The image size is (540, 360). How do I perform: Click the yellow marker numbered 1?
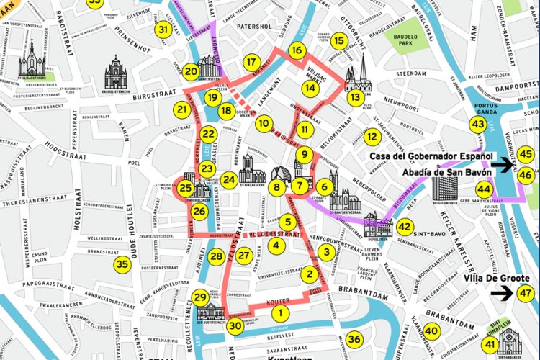coord(280,313)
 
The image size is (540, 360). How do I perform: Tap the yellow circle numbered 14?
coord(310,88)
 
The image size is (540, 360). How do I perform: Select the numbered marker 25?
coord(186,189)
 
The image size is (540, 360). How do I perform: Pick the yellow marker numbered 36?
coord(354,339)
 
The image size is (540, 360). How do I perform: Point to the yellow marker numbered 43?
coord(477,125)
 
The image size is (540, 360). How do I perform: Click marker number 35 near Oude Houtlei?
coord(122,264)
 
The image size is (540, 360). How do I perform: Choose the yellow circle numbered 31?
coord(164,30)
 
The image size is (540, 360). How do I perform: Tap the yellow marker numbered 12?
coord(372,137)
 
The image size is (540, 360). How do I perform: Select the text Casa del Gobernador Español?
coord(431,156)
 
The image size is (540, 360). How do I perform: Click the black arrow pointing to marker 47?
coord(503,292)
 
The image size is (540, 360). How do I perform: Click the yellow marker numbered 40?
coord(431,331)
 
